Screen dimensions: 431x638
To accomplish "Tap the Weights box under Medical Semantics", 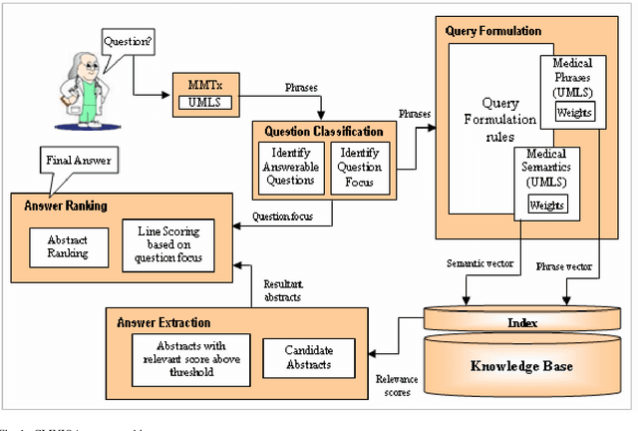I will [547, 205].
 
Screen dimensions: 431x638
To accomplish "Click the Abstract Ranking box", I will [68, 246].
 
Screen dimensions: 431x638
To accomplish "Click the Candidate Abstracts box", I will [308, 357].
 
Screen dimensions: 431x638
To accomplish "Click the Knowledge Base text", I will [522, 366].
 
